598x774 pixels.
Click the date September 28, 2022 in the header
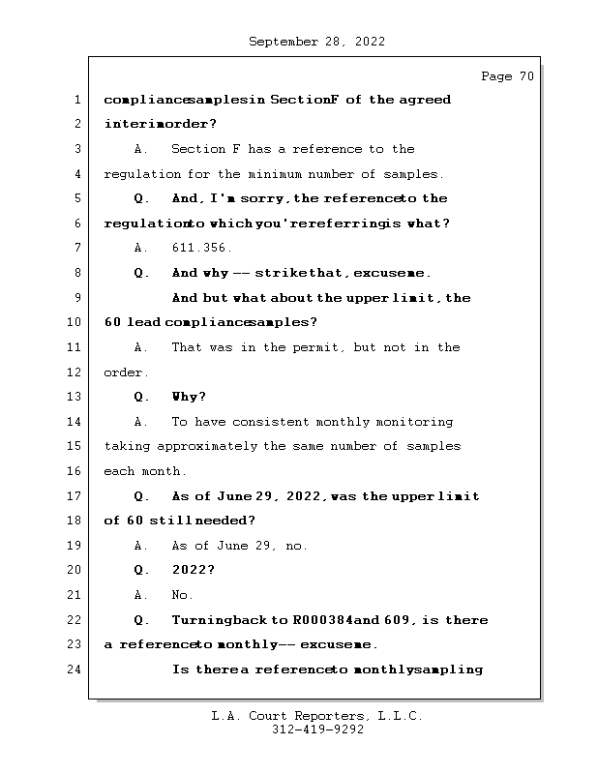(317, 42)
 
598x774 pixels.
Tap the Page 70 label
(506, 76)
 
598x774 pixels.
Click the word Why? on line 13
(189, 397)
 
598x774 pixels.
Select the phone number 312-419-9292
(317, 730)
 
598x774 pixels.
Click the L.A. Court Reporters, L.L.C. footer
(317, 716)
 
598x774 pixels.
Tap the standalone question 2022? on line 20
(193, 570)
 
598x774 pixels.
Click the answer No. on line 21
(182, 595)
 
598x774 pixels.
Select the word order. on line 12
(126, 372)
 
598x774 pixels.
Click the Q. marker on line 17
(142, 496)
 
